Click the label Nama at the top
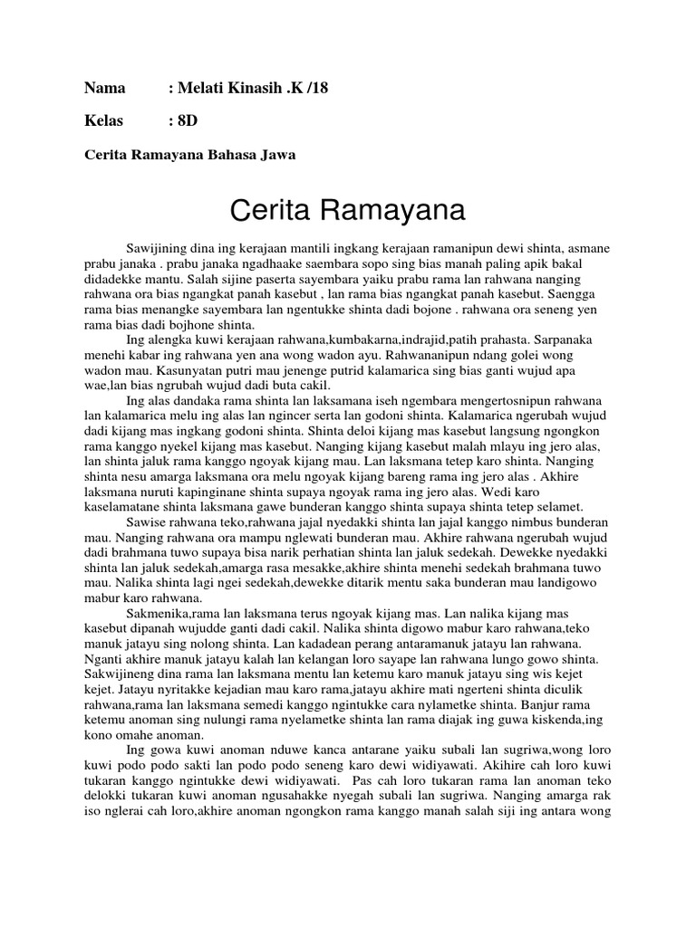[x=104, y=89]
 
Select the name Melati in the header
[x=202, y=89]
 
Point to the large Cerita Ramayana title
[x=347, y=212]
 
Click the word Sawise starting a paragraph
[x=149, y=523]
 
